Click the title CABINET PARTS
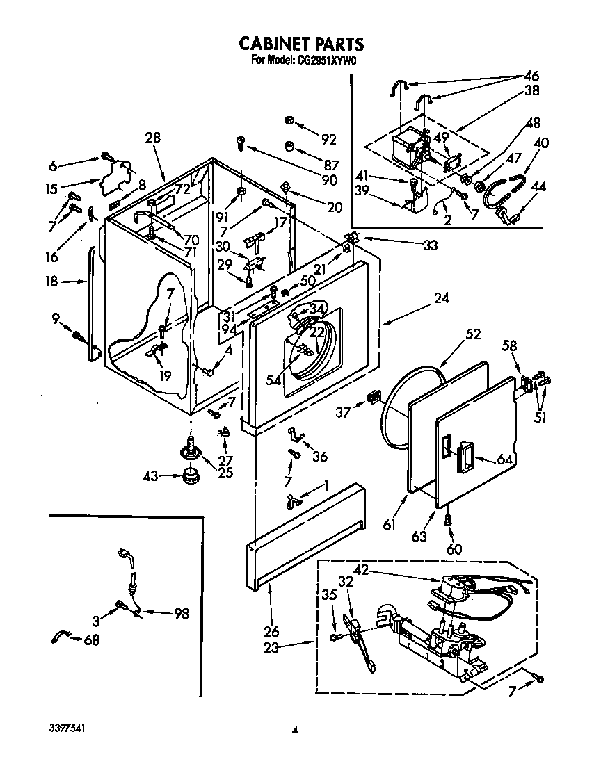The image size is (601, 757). click(300, 44)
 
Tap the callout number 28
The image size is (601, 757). click(152, 138)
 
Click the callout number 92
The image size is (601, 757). click(328, 139)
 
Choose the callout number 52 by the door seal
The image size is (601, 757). click(473, 334)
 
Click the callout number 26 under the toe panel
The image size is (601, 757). click(271, 631)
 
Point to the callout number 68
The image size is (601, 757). click(91, 640)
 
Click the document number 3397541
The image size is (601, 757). click(68, 729)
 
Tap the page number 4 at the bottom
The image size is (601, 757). click(295, 731)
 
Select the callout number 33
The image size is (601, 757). click(431, 245)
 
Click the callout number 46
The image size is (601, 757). click(531, 76)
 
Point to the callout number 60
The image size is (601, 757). click(454, 549)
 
